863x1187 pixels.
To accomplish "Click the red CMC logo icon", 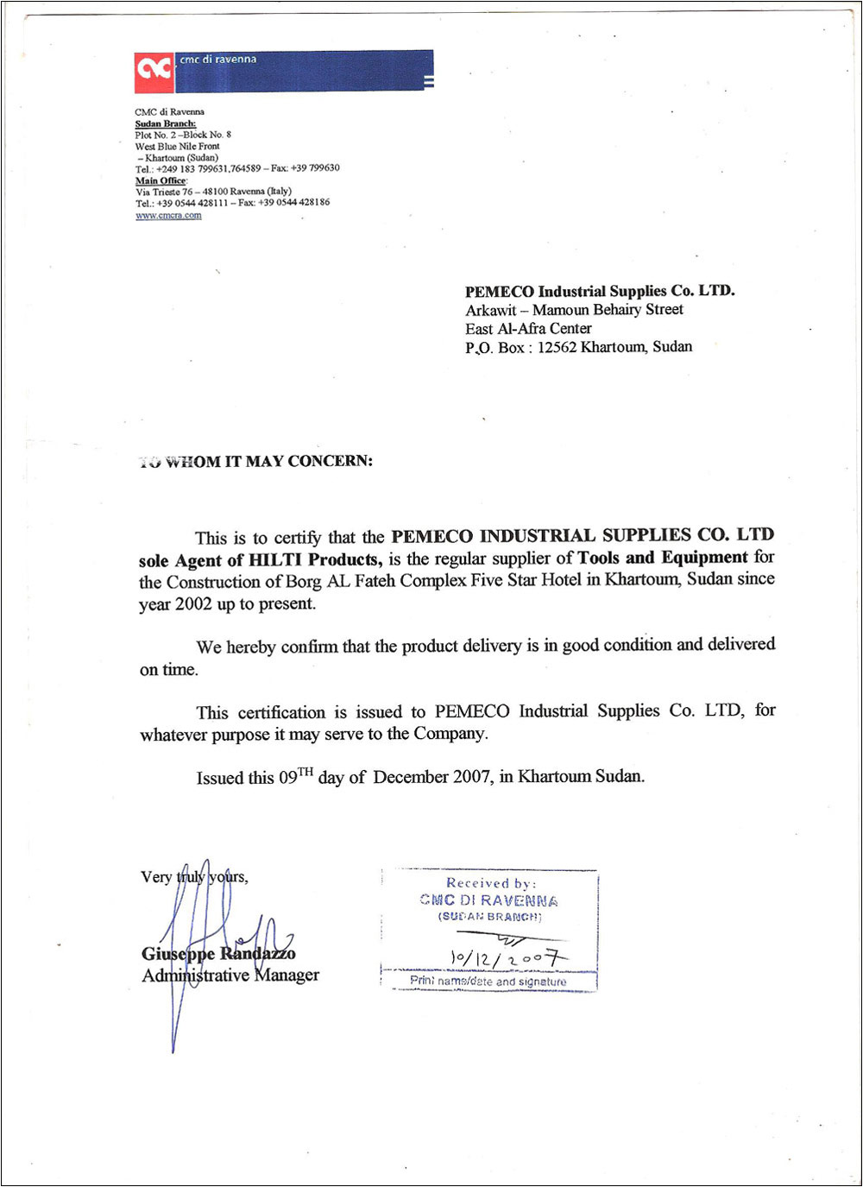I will click(154, 72).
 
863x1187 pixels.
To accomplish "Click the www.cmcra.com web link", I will click(168, 215).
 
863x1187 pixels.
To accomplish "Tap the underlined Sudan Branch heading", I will click(165, 123).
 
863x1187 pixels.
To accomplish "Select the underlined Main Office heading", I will click(161, 180).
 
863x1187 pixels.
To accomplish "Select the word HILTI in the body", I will click(276, 559).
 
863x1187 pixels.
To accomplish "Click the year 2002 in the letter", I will click(193, 604).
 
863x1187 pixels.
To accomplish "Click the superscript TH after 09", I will click(306, 772).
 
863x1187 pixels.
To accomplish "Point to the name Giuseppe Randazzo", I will click(218, 953).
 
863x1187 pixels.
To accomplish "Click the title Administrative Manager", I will click(230, 975).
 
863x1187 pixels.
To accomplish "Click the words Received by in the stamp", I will click(491, 883).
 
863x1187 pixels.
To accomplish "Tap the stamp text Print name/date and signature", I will click(488, 982).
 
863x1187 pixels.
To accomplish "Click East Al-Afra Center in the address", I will click(528, 329).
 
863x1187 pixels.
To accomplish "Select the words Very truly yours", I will click(194, 877).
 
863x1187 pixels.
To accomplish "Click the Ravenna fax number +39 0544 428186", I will click(293, 203).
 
